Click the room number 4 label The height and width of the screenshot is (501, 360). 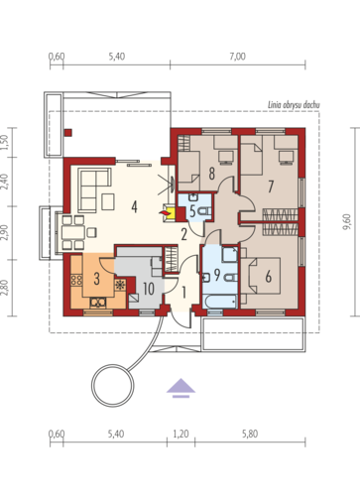(134, 207)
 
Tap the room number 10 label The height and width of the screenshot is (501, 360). (149, 289)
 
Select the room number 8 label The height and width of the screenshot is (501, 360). (211, 174)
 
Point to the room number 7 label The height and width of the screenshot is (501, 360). (271, 187)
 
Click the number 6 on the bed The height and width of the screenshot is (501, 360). (268, 276)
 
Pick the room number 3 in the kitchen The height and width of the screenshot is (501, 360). (96, 279)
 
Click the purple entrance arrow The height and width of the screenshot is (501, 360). (180, 388)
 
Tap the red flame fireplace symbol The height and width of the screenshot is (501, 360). (165, 213)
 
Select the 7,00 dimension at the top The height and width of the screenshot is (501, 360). (238, 57)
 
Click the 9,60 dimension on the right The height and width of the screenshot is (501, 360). (346, 221)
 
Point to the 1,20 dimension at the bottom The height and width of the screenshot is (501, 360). (180, 434)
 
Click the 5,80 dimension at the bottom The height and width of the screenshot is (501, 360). (250, 434)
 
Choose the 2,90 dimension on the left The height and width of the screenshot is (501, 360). (4, 232)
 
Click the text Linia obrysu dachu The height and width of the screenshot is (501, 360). (294, 105)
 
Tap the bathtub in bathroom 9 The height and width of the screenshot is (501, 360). (220, 302)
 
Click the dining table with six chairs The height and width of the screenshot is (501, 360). (73, 232)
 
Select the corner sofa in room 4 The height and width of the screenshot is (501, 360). (94, 190)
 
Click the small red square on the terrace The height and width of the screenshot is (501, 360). (68, 133)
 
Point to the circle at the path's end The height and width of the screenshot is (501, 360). (113, 385)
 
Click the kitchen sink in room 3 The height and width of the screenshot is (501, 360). (98, 303)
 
